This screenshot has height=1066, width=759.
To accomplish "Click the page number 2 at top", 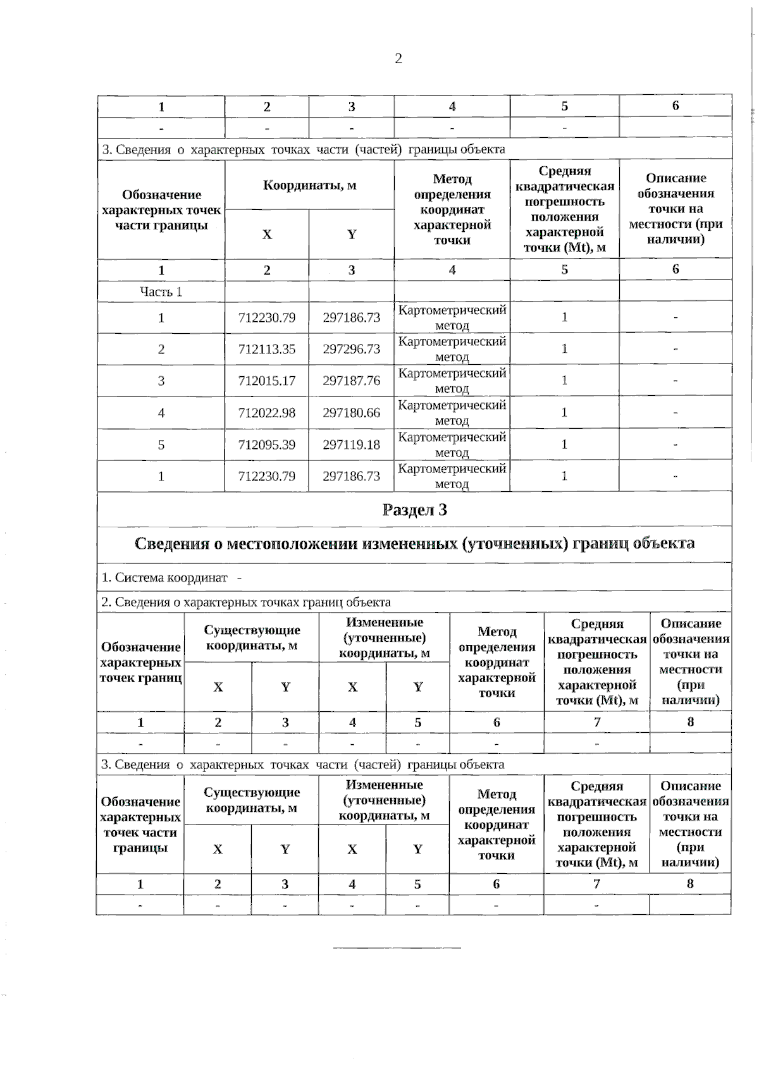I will [398, 59].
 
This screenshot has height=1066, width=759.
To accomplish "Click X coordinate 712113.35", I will [266, 350].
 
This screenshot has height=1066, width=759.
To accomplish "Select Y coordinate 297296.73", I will [351, 350].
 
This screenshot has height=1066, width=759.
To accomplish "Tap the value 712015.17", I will [266, 381].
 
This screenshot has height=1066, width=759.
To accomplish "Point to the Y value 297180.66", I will [351, 413].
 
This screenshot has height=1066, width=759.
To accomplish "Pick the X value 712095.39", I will [266, 445].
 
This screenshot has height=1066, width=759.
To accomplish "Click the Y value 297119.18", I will [351, 445].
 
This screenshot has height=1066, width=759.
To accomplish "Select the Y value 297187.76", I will [351, 381].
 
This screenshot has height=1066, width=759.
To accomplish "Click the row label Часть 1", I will [161, 292].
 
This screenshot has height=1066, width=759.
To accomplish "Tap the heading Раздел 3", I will [414, 510].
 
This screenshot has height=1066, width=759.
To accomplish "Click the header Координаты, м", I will [309, 185].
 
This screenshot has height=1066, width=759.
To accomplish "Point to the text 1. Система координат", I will [164, 578].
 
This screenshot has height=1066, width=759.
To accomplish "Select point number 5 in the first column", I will [161, 445].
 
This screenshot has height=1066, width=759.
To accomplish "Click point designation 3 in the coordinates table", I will [161, 381].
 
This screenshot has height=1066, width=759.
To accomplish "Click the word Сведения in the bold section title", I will [172, 544].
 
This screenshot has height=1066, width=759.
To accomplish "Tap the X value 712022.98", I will [266, 413].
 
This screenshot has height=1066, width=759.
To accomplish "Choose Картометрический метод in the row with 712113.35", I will [452, 349].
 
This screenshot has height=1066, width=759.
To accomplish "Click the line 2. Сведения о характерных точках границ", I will [246, 603].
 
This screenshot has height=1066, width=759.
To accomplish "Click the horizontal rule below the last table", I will [397, 948].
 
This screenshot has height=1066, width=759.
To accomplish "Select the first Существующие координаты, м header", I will [252, 638].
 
